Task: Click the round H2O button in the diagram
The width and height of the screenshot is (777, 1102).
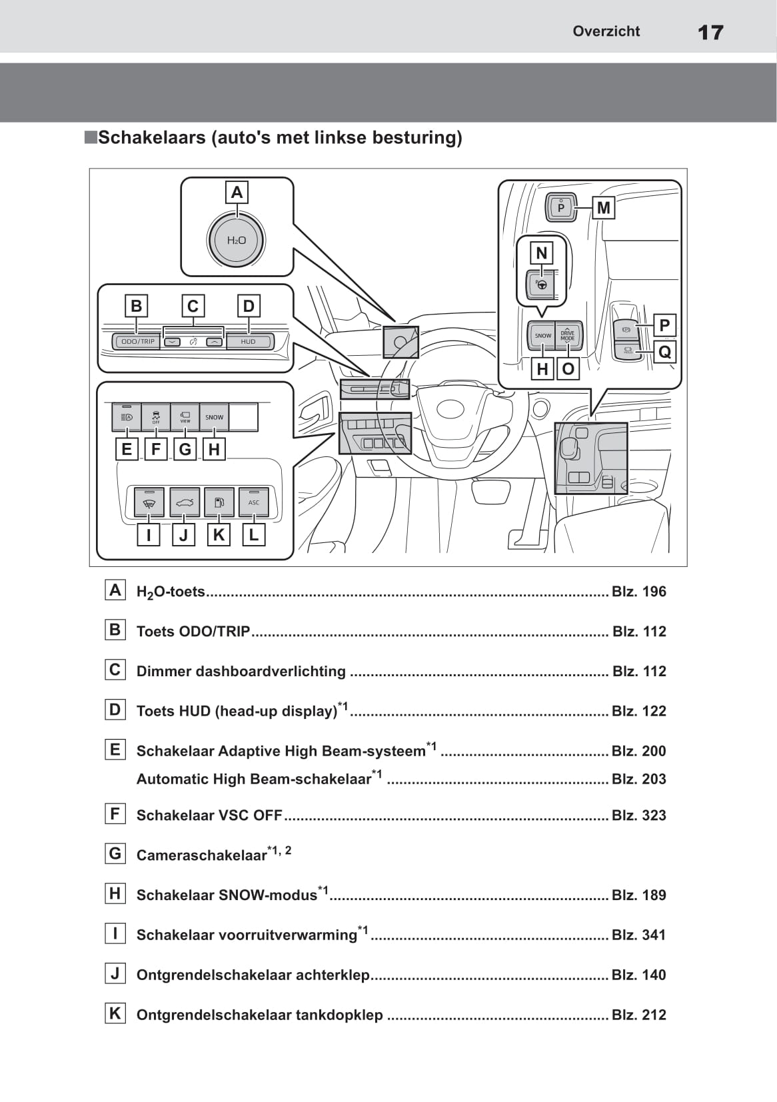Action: (237, 241)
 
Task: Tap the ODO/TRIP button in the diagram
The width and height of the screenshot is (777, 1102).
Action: (137, 342)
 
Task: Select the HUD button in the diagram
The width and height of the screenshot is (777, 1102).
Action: (249, 342)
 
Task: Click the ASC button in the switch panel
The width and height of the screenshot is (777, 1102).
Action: (254, 502)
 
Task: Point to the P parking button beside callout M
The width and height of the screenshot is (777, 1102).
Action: (561, 207)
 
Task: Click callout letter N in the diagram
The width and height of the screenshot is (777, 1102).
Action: (541, 253)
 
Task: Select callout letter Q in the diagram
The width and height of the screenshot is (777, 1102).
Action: (664, 352)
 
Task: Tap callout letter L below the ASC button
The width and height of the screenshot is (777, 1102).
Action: (254, 535)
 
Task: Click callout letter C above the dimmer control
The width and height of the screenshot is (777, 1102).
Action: (193, 306)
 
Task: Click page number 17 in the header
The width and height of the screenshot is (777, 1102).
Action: (710, 32)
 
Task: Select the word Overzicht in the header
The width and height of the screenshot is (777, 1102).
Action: (606, 31)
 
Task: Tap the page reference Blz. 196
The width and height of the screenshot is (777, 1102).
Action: (638, 592)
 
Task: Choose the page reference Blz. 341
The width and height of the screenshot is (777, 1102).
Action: (638, 935)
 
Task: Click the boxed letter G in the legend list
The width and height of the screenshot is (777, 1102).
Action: (115, 853)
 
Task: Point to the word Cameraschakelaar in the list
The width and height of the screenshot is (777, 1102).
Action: (201, 855)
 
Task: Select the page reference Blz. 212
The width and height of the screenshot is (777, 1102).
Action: (638, 1015)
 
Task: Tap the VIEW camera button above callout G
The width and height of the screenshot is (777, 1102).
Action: (185, 417)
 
